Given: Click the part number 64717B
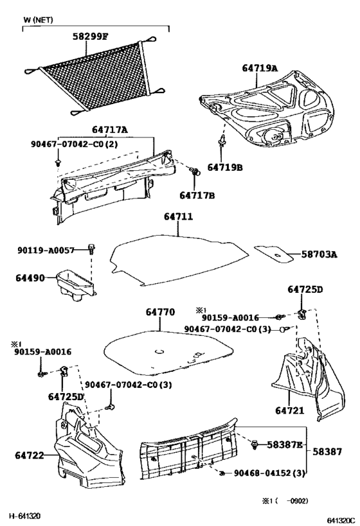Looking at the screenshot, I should tap(197, 195).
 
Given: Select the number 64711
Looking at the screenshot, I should tap(177, 218).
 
